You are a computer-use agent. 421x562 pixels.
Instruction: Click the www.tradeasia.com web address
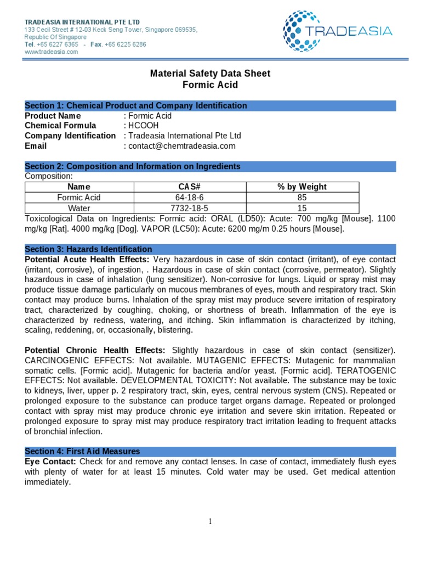pos(52,52)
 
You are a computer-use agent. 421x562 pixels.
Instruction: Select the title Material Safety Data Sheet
pos(210,74)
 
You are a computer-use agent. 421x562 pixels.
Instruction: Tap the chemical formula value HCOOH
pos(144,126)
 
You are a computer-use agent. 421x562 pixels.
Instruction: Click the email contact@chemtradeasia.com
pos(181,146)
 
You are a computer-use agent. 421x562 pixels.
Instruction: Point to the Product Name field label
pos(53,116)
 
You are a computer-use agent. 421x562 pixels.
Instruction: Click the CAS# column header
pos(191,187)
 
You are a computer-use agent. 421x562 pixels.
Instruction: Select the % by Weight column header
pos(302,187)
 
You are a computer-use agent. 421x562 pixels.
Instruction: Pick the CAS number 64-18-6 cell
pos(191,198)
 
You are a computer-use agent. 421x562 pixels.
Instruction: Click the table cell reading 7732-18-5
pos(191,209)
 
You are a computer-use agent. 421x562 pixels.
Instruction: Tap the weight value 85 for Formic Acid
pos(302,198)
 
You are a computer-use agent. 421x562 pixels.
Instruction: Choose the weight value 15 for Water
pos(302,209)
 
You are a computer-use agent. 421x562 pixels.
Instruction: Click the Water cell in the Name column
pos(79,209)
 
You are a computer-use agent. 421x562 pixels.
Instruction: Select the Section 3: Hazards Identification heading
pos(89,249)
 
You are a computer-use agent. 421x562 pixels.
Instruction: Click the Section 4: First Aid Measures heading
pos(82,451)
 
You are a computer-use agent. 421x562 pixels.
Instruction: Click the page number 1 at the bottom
pos(210,522)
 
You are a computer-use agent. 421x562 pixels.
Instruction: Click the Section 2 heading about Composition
pos(133,166)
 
